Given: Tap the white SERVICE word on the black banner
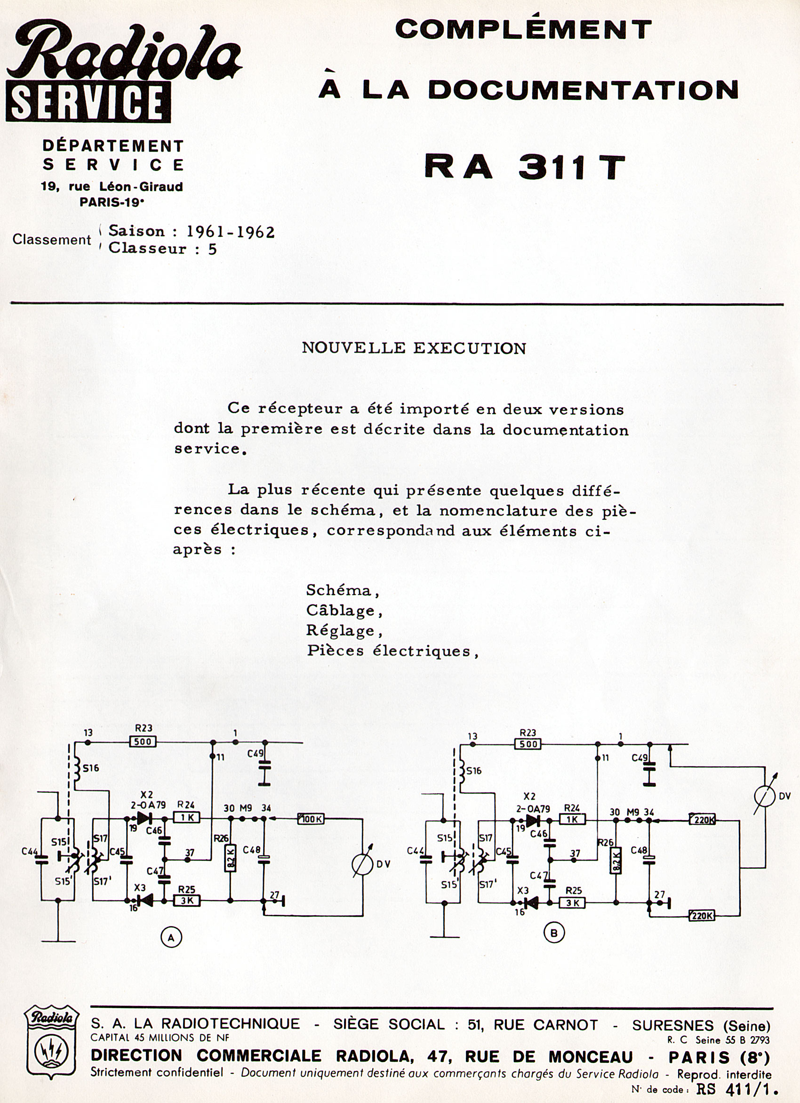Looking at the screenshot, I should tap(88, 102).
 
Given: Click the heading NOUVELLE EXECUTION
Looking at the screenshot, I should tap(414, 348).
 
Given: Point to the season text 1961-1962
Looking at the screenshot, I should tap(231, 232).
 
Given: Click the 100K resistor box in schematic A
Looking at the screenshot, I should tap(312, 820).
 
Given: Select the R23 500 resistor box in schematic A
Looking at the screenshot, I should tap(143, 742).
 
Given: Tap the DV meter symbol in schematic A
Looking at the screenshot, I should tap(363, 864).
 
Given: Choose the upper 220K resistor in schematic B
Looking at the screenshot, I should tap(703, 821).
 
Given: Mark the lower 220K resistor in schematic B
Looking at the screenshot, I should tap(702, 916).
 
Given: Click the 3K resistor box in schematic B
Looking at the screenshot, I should tap(572, 903).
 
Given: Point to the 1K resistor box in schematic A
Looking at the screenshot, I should tap(187, 818).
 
